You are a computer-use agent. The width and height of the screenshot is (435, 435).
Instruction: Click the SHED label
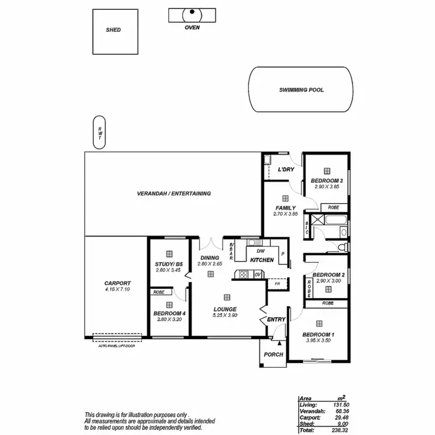point(113,30)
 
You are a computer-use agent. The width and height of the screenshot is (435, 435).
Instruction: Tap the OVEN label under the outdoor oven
point(192,27)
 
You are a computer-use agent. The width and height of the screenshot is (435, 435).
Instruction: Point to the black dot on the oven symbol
point(192,11)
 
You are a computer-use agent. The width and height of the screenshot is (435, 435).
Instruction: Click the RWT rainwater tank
point(100,133)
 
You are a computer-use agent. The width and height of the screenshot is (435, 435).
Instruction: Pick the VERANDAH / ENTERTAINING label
point(173,194)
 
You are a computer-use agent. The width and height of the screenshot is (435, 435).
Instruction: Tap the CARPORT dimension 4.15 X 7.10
point(117,289)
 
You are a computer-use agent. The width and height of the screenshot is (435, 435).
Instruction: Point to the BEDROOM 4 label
point(169,314)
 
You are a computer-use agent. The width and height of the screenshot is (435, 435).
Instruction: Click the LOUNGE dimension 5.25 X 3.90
point(224,316)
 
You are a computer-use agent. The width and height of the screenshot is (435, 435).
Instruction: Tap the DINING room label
point(209,258)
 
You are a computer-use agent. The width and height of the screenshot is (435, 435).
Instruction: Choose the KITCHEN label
point(262,260)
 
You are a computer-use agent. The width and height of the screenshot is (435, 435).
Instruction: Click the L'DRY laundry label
point(286,169)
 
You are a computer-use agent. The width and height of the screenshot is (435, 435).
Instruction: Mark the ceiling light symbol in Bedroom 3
point(327,171)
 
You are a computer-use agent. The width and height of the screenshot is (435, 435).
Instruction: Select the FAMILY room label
point(285,208)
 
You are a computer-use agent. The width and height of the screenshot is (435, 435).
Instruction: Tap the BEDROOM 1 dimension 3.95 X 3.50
point(318,340)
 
